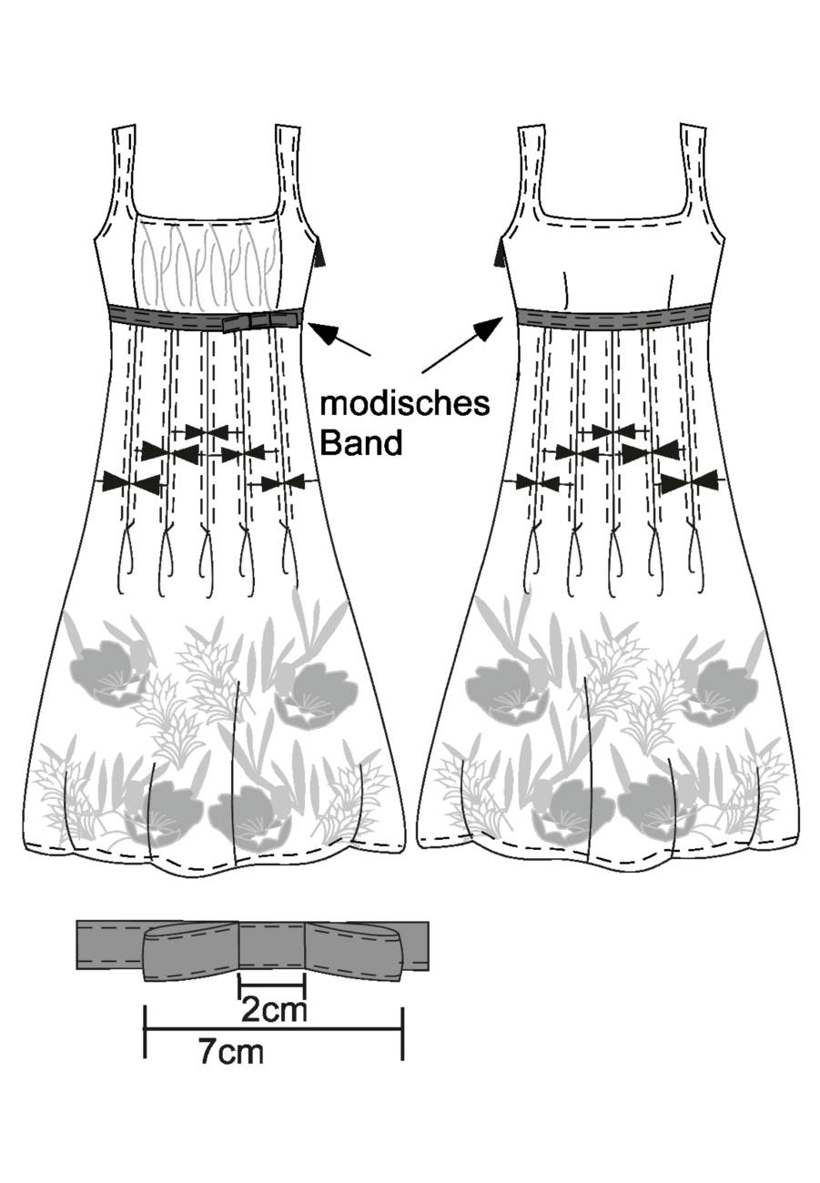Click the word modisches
coord(405,405)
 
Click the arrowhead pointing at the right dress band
coord(488,328)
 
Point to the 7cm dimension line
coord(274,1043)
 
